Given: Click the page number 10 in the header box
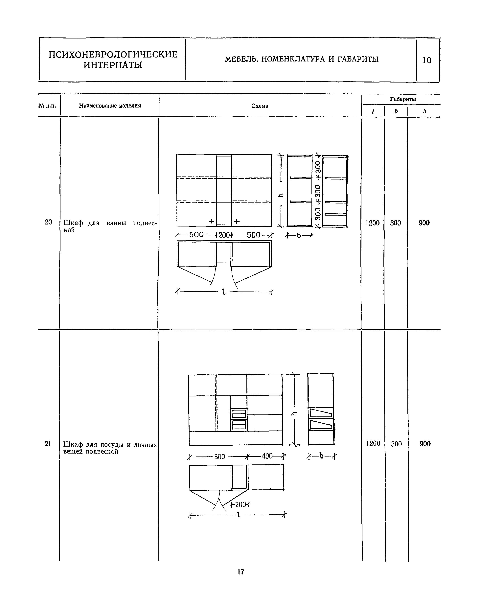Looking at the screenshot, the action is pyautogui.click(x=427, y=60).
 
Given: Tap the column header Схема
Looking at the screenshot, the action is pyautogui.click(x=260, y=106).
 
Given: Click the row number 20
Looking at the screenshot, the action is pyautogui.click(x=48, y=222).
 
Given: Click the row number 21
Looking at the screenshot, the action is pyautogui.click(x=48, y=443).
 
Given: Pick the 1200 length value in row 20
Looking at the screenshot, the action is pyautogui.click(x=372, y=223).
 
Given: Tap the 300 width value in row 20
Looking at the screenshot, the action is pyautogui.click(x=395, y=223).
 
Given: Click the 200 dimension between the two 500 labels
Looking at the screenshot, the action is pyautogui.click(x=224, y=235).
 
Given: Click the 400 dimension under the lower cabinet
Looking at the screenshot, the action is pyautogui.click(x=267, y=456).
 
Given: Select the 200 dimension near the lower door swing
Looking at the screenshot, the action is pyautogui.click(x=240, y=505).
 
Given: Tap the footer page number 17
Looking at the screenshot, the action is pyautogui.click(x=241, y=572).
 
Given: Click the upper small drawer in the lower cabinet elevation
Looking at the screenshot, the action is pyautogui.click(x=239, y=414).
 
